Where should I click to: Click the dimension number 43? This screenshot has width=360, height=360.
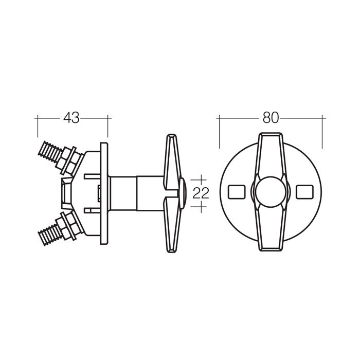[x=71, y=118]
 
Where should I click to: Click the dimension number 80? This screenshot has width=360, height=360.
[x=271, y=118]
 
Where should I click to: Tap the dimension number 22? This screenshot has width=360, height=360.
[x=201, y=193]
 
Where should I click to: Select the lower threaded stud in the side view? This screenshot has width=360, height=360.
[x=50, y=233]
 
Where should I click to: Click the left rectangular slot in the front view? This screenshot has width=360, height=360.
[x=237, y=192]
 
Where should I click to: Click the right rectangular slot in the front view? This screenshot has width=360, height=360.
[x=304, y=192]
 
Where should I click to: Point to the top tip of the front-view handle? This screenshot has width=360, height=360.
[x=271, y=133]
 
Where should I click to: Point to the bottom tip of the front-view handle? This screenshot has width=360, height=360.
[x=271, y=251]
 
